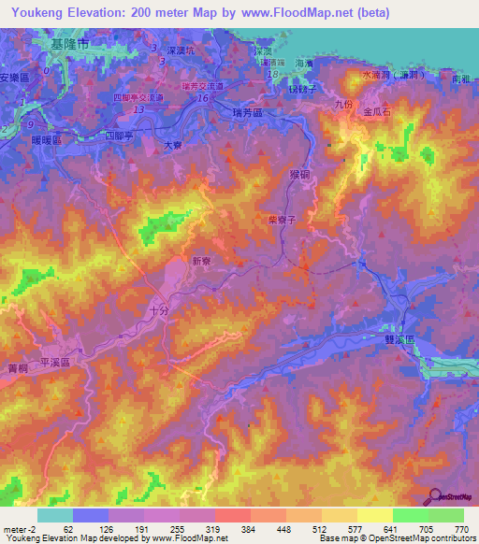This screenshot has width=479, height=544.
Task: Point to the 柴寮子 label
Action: pos(282,221)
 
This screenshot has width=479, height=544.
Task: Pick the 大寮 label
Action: pos(173,144)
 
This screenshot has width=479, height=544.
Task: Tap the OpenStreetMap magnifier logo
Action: pos(434,496)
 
